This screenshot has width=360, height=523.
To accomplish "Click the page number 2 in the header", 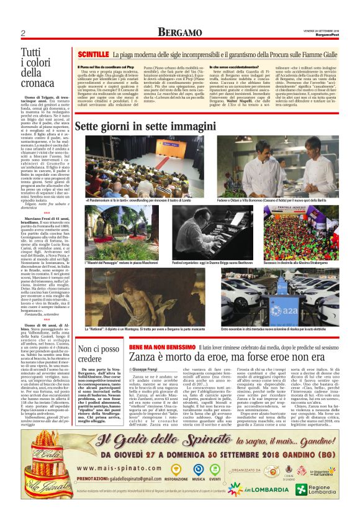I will (22, 33).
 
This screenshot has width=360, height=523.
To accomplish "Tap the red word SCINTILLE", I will (92, 55).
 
